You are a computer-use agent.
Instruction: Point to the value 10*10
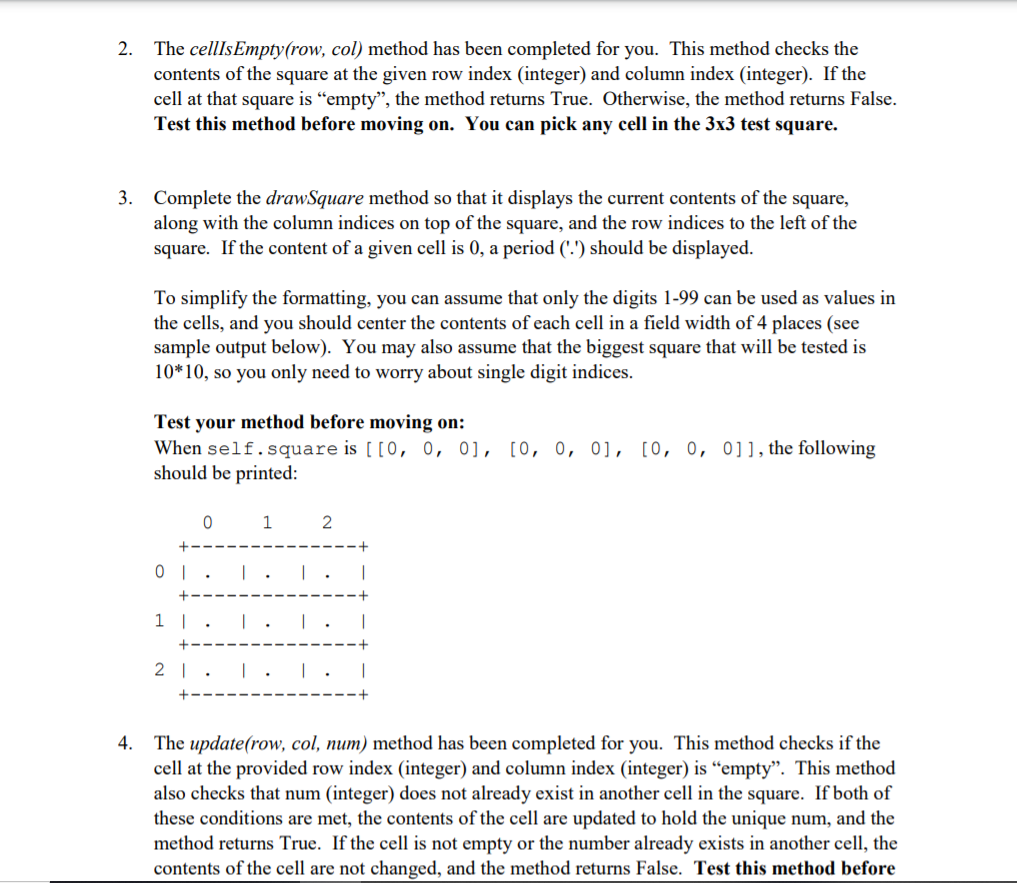click(x=177, y=372)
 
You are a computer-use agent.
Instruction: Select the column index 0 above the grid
click(x=207, y=521)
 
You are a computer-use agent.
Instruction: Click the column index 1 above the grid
click(x=267, y=521)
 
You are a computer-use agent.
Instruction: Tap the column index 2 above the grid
click(x=327, y=521)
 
